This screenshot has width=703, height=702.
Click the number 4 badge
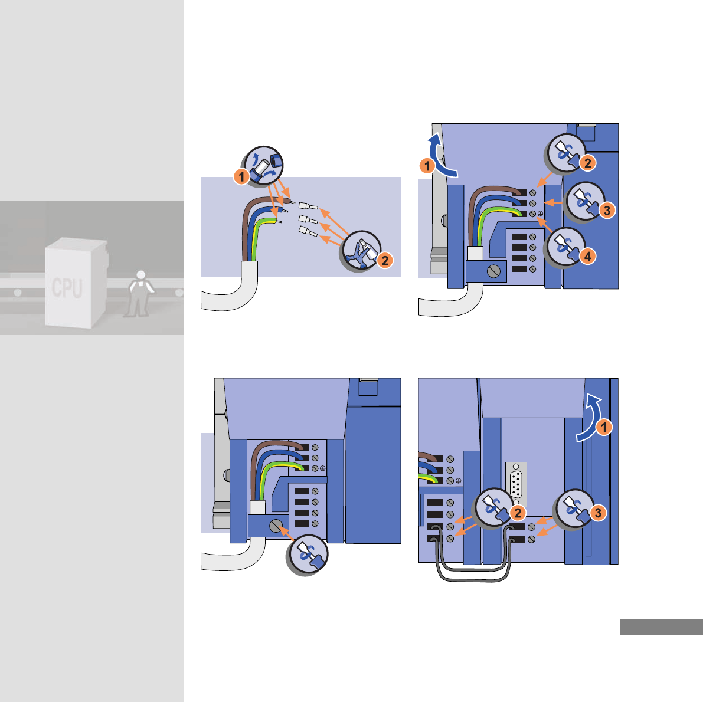(588, 255)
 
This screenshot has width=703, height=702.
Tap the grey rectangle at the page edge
(661, 626)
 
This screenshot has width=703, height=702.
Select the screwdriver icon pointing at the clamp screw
(308, 554)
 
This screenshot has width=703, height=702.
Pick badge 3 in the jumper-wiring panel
(598, 513)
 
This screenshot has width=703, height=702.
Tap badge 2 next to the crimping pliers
(384, 260)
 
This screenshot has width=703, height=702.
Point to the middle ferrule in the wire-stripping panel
(308, 218)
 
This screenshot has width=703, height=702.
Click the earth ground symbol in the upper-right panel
(541, 214)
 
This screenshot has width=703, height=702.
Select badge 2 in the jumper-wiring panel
(517, 513)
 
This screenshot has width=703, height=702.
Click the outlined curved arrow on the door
(588, 420)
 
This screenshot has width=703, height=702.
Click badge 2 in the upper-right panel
(588, 162)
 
